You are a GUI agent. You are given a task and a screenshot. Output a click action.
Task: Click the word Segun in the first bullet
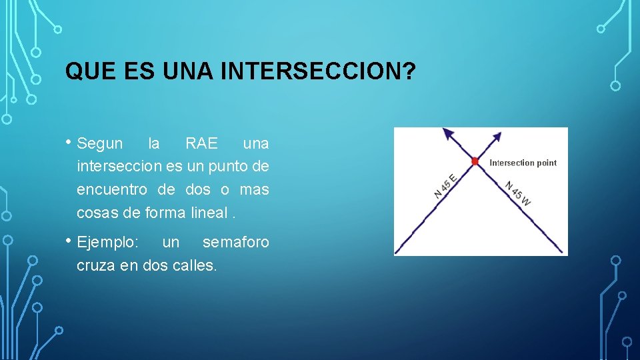pos(100,144)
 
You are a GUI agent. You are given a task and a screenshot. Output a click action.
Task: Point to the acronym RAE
pos(201,144)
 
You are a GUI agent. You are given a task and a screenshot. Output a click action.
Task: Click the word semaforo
pos(235,243)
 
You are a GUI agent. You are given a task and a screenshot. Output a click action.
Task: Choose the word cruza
pos(95,265)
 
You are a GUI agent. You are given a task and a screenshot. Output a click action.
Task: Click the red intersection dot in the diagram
pos(475,161)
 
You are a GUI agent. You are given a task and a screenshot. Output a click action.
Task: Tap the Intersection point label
pos(523,163)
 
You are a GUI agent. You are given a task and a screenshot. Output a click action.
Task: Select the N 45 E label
pos(445,186)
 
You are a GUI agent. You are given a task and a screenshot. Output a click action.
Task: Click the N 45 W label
pos(517,193)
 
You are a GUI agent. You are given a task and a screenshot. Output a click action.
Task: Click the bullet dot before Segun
pos(69,141)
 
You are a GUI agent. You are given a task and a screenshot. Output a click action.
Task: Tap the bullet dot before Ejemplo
pos(69,240)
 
